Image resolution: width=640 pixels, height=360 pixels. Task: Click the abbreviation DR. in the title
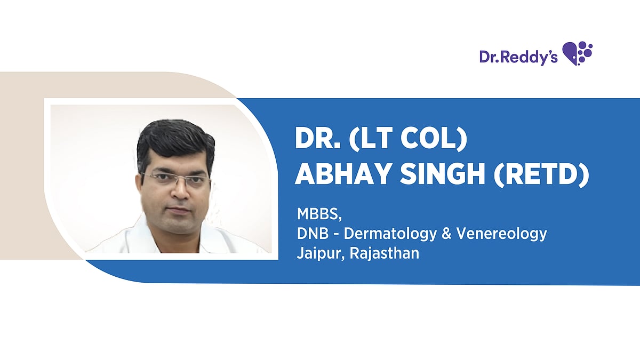pyautogui.click(x=318, y=138)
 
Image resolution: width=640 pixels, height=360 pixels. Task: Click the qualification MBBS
pyautogui.click(x=319, y=214)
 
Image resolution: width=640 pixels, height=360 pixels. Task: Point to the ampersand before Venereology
pyautogui.click(x=446, y=234)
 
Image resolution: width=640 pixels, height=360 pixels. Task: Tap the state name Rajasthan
pyautogui.click(x=385, y=253)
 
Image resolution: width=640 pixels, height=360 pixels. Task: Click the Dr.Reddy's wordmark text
pyautogui.click(x=518, y=57)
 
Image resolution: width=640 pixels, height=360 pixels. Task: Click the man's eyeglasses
pyautogui.click(x=175, y=179)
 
